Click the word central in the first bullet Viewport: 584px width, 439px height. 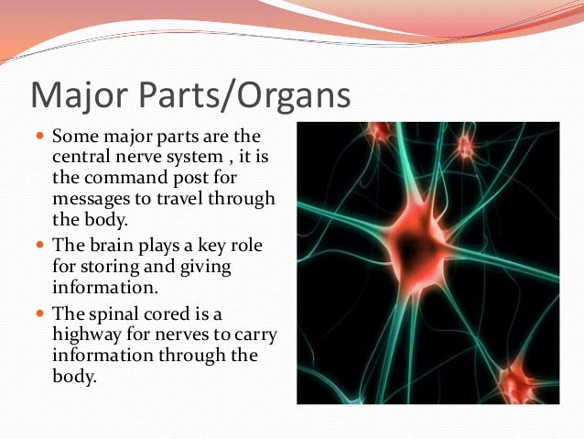coord(82,158)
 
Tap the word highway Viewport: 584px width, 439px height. coord(92,335)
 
